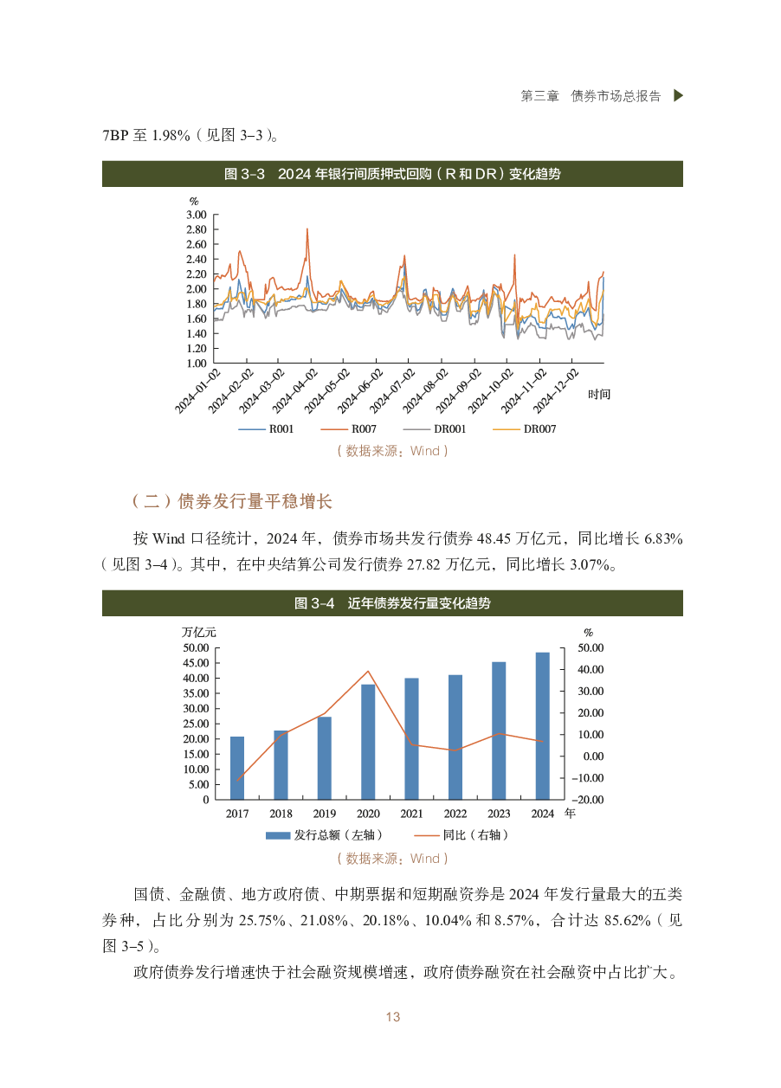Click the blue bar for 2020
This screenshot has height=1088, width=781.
click(x=368, y=741)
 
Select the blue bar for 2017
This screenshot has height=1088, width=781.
click(x=237, y=768)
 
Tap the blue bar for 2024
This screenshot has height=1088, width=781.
click(x=542, y=725)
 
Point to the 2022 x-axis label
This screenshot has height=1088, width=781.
click(x=455, y=814)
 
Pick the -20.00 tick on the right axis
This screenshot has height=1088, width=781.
click(x=591, y=800)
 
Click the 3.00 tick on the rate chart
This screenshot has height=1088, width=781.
click(x=197, y=214)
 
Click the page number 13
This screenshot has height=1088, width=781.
click(x=393, y=1017)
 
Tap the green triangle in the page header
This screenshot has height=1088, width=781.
click(x=678, y=96)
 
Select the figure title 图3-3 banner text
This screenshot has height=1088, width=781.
click(x=392, y=174)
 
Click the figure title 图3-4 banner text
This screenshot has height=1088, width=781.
click(x=392, y=603)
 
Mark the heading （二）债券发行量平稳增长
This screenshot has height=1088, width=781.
click(x=231, y=501)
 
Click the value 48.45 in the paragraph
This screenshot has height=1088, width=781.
click(x=490, y=538)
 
